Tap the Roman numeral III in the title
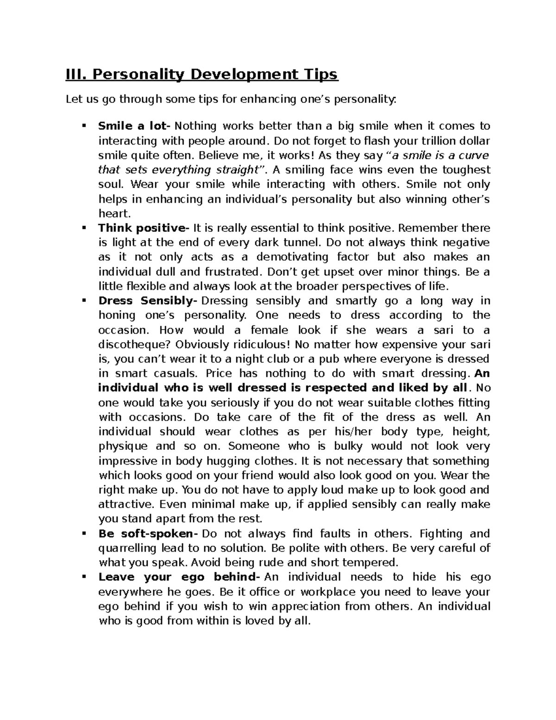tap(76, 74)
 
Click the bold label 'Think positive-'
tap(144, 228)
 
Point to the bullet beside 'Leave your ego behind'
tap(84, 577)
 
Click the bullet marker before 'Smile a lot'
tap(84, 126)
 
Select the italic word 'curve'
tap(473, 155)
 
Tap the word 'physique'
tap(123, 446)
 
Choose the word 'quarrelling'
tap(128, 548)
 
